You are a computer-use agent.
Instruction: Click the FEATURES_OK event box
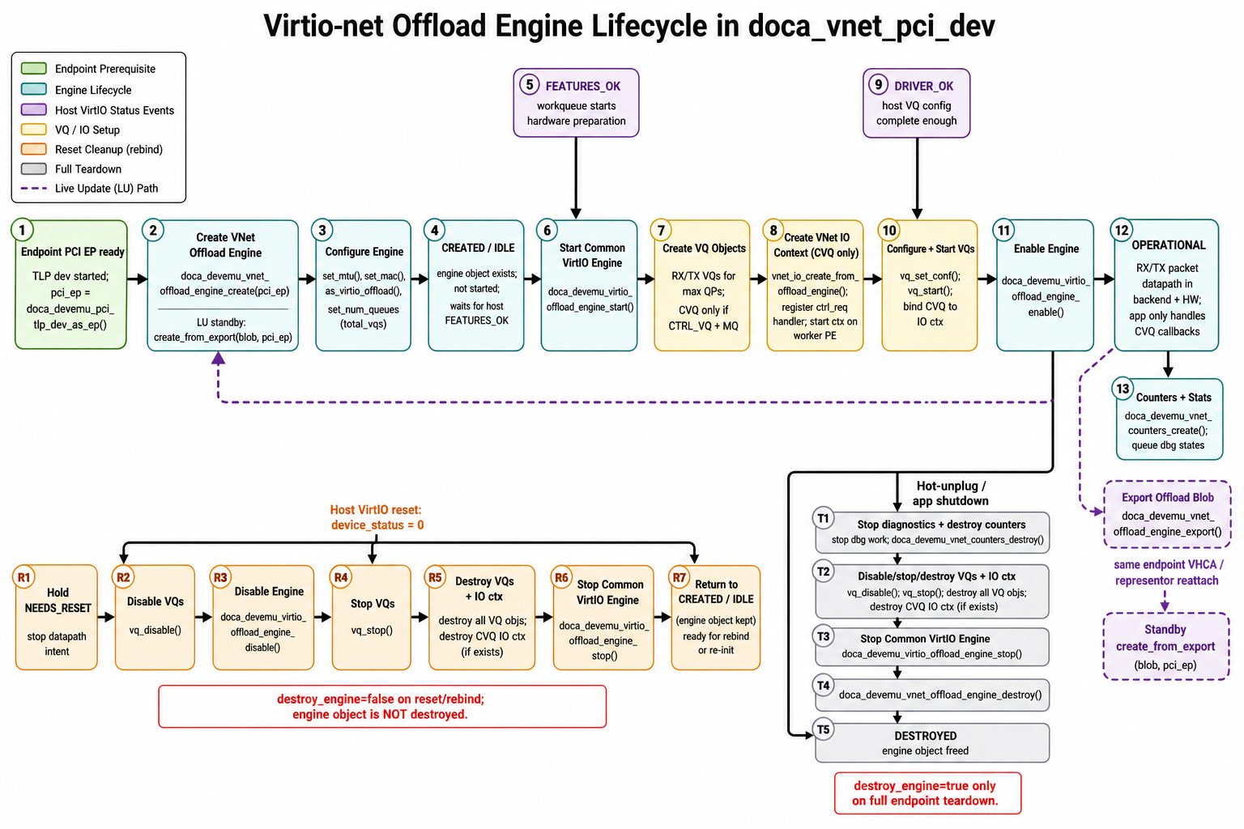tap(576, 103)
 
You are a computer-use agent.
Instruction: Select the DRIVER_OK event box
tap(916, 103)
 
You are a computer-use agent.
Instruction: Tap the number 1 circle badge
tap(22, 230)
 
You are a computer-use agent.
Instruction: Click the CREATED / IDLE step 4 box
tap(476, 286)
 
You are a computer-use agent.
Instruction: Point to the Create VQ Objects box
tap(702, 286)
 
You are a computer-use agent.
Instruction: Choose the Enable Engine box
tap(1046, 286)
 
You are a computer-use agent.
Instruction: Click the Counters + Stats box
tap(1169, 419)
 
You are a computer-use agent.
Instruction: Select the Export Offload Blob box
tap(1167, 514)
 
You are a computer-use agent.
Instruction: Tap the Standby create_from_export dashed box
tap(1165, 646)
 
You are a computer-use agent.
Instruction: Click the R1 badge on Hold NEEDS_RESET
tap(23, 577)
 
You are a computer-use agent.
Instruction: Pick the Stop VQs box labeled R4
tap(372, 618)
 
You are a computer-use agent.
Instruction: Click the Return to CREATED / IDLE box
tap(715, 618)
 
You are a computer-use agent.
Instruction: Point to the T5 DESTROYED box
tap(932, 742)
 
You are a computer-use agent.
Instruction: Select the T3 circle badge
tap(823, 636)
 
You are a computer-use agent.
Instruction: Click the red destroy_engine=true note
tap(927, 793)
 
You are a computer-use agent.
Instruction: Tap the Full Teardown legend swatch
tap(34, 169)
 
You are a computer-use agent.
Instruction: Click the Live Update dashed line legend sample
tap(34, 189)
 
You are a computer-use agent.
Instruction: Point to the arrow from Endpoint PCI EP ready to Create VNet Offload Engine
tap(137, 278)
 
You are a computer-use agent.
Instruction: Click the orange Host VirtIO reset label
tap(377, 517)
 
